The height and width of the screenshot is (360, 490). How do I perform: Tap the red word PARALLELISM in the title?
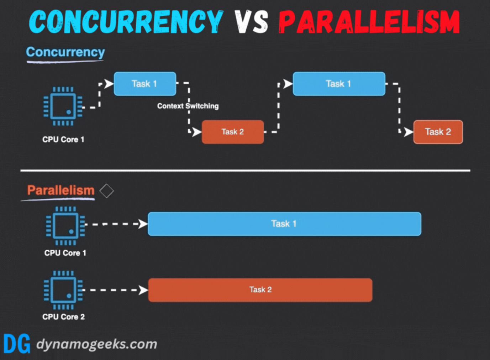[x=369, y=22]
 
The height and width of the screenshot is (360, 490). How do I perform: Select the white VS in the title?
[x=251, y=22]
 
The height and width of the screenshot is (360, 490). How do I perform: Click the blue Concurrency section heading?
[x=65, y=52]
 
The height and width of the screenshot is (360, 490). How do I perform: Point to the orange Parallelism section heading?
[x=61, y=190]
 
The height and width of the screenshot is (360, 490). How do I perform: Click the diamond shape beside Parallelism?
[x=106, y=191]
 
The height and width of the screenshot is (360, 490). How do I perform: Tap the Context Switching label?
[x=188, y=106]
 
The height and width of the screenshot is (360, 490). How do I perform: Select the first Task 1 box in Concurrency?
[x=145, y=84]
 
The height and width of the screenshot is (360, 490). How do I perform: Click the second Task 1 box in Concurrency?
[x=339, y=84]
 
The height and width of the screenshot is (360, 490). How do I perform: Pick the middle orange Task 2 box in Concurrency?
[x=233, y=132]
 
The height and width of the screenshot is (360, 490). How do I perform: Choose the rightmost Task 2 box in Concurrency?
[x=438, y=132]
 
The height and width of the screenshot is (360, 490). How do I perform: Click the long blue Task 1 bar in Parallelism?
[x=284, y=224]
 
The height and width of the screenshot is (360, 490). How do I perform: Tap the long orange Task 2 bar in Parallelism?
[x=260, y=290]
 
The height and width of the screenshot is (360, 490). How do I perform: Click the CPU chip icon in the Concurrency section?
[x=63, y=106]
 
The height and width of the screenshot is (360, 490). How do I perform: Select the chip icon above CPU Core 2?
[x=63, y=290]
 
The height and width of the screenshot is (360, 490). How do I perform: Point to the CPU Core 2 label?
[x=64, y=317]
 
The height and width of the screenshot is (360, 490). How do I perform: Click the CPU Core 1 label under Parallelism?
[x=65, y=253]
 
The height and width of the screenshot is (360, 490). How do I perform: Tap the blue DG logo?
[x=17, y=344]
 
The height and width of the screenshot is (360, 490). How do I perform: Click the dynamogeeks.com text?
[x=97, y=344]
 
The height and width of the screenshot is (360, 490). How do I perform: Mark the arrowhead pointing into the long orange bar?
[x=143, y=290]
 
